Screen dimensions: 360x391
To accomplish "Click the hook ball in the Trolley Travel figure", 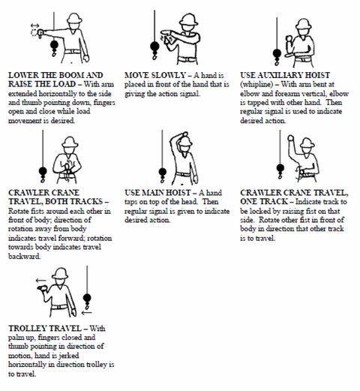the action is (87, 298).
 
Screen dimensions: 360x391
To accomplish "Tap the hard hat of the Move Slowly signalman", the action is (188, 20).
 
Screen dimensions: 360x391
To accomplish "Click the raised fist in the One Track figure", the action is (290, 138).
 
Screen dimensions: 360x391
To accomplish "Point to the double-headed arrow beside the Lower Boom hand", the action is (34, 26).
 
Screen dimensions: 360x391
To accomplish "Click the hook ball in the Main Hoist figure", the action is (163, 172).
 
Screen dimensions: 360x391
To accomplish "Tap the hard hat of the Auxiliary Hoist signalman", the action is (303, 25).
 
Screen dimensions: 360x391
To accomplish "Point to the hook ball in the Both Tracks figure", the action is (43, 171).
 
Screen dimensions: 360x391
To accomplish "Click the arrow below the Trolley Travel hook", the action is (86, 312).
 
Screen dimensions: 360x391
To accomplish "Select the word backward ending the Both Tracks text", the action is (24, 256).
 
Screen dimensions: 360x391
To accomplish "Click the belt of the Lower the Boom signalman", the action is (73, 52).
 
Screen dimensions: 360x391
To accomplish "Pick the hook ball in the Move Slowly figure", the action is (154, 47).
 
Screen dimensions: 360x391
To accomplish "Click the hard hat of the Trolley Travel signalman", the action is (60, 273).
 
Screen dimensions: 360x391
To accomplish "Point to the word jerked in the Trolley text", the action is (69, 356).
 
